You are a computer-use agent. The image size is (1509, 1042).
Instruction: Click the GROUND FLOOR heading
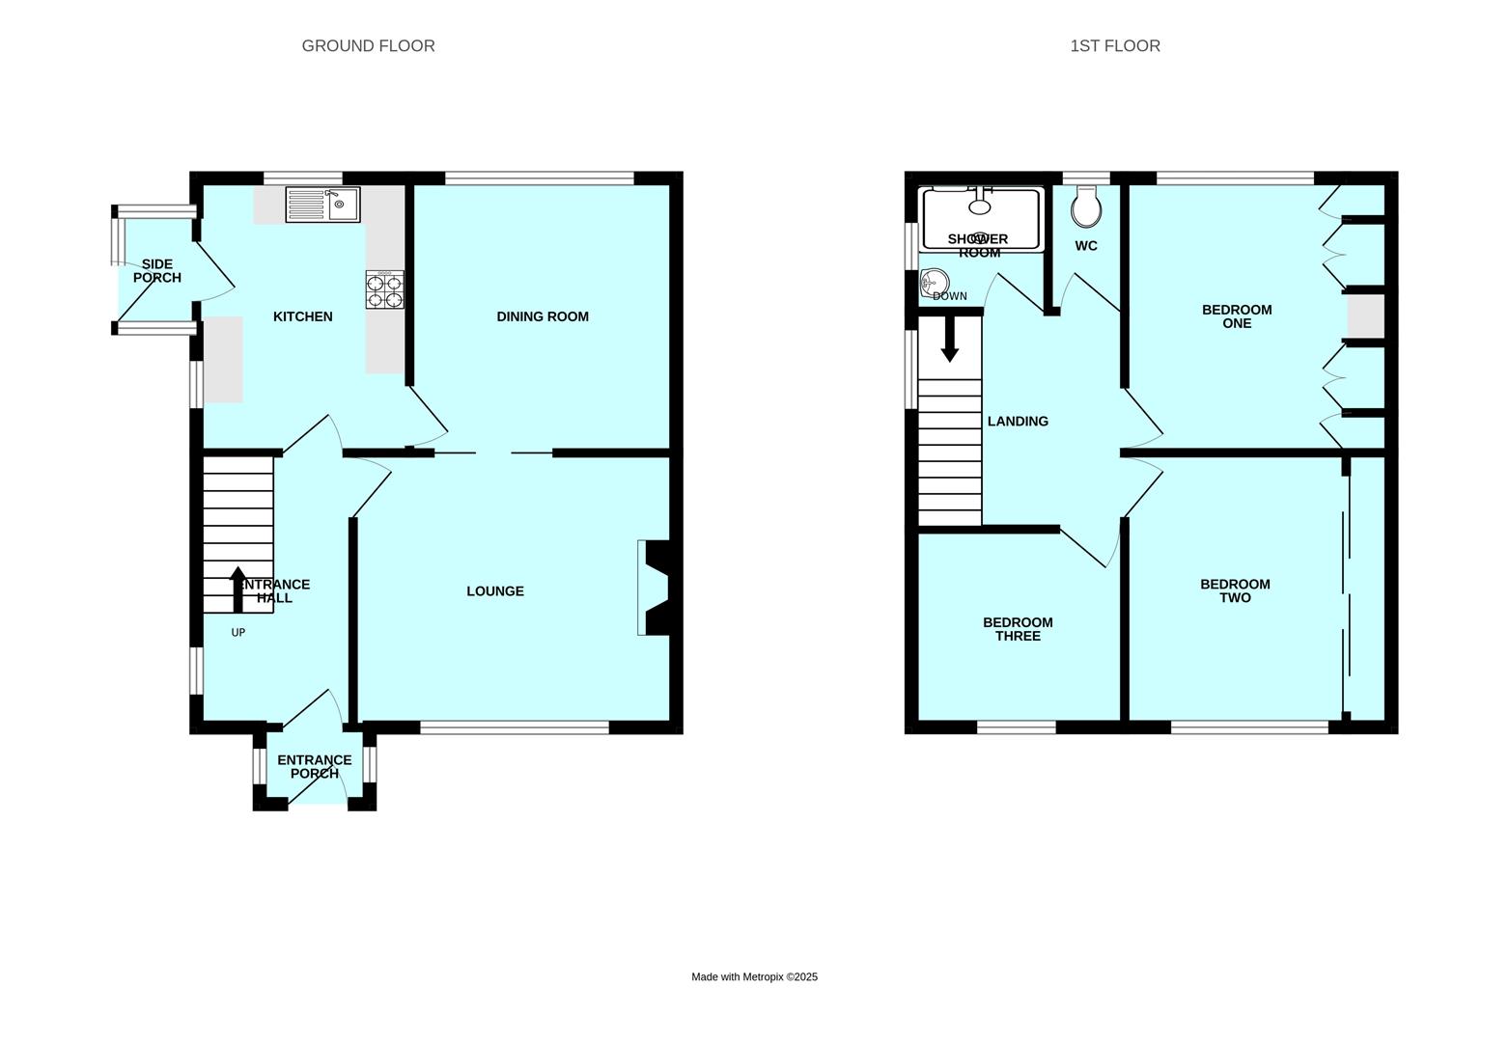pyautogui.click(x=368, y=45)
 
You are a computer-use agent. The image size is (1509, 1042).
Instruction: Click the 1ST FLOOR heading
pyautogui.click(x=1115, y=45)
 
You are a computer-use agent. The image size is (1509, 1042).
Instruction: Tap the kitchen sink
pyautogui.click(x=322, y=205)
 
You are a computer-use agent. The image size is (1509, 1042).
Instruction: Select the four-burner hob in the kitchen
pyautogui.click(x=385, y=289)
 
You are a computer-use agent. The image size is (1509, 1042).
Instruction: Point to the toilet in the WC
pyautogui.click(x=1086, y=206)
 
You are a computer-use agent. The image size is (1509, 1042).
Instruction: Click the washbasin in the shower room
pyautogui.click(x=935, y=283)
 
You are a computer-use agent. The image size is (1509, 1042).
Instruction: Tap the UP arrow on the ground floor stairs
pyautogui.click(x=238, y=589)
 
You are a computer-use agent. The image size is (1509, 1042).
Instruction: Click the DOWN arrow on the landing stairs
pyautogui.click(x=950, y=339)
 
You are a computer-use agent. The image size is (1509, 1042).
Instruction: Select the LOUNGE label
pyautogui.click(x=495, y=591)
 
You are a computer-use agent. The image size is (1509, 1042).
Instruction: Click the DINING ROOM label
pyautogui.click(x=543, y=316)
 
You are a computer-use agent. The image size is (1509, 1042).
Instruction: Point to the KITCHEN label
pyautogui.click(x=302, y=316)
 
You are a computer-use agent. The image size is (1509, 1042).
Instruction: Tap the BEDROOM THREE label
pyautogui.click(x=1018, y=629)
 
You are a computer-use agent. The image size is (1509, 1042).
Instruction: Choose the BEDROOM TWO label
pyautogui.click(x=1235, y=591)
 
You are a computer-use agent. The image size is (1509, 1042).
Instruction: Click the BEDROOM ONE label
pyautogui.click(x=1237, y=316)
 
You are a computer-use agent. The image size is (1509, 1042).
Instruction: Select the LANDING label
pyautogui.click(x=1018, y=422)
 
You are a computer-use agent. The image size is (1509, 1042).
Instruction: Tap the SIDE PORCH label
pyautogui.click(x=157, y=270)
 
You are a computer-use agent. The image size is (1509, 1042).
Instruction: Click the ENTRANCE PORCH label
pyautogui.click(x=315, y=767)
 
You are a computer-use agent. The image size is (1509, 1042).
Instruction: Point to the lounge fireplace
pyautogui.click(x=654, y=588)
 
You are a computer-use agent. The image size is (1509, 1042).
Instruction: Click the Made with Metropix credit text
pyautogui.click(x=755, y=976)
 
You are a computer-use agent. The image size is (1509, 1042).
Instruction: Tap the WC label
pyautogui.click(x=1086, y=246)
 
